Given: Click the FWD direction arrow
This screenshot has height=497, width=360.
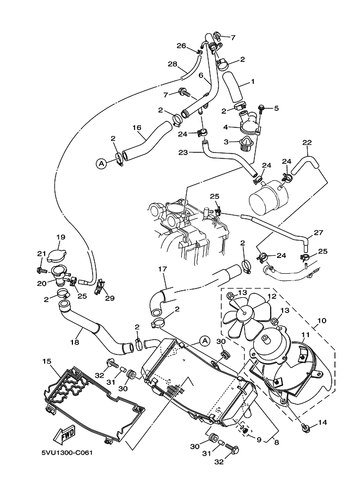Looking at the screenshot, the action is (65, 434).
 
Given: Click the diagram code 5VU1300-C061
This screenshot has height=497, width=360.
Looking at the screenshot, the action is (67, 452).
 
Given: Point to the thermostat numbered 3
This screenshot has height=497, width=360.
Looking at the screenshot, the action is (244, 144).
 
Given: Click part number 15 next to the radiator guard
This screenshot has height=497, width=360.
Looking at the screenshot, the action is (47, 361).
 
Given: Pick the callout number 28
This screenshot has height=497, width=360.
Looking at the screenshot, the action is (172, 64).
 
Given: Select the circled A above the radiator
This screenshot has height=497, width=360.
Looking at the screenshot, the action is (205, 341).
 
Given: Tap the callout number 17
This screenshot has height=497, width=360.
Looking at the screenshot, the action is (162, 269).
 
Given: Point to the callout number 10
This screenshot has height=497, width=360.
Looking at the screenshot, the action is (322, 321).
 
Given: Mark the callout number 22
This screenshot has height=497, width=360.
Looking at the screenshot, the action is (307, 143).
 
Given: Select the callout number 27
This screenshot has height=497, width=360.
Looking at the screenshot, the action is (319, 232).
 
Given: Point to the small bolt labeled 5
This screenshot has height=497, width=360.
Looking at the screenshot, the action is (263, 109).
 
